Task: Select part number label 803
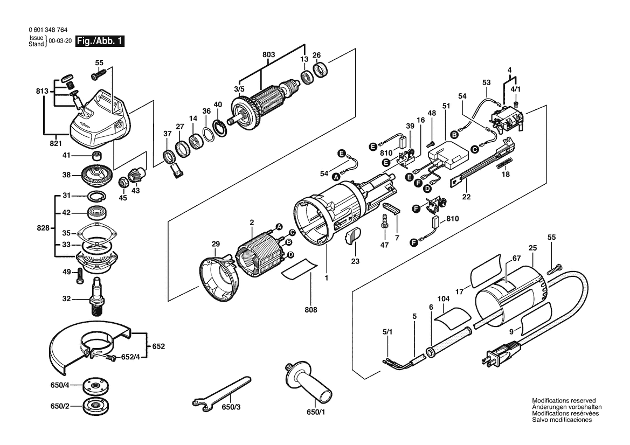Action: coord(268,55)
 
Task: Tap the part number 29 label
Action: coord(216,244)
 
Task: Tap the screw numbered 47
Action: coord(385,221)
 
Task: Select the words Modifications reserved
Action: coord(564,401)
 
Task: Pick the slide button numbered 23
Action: coord(353,235)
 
